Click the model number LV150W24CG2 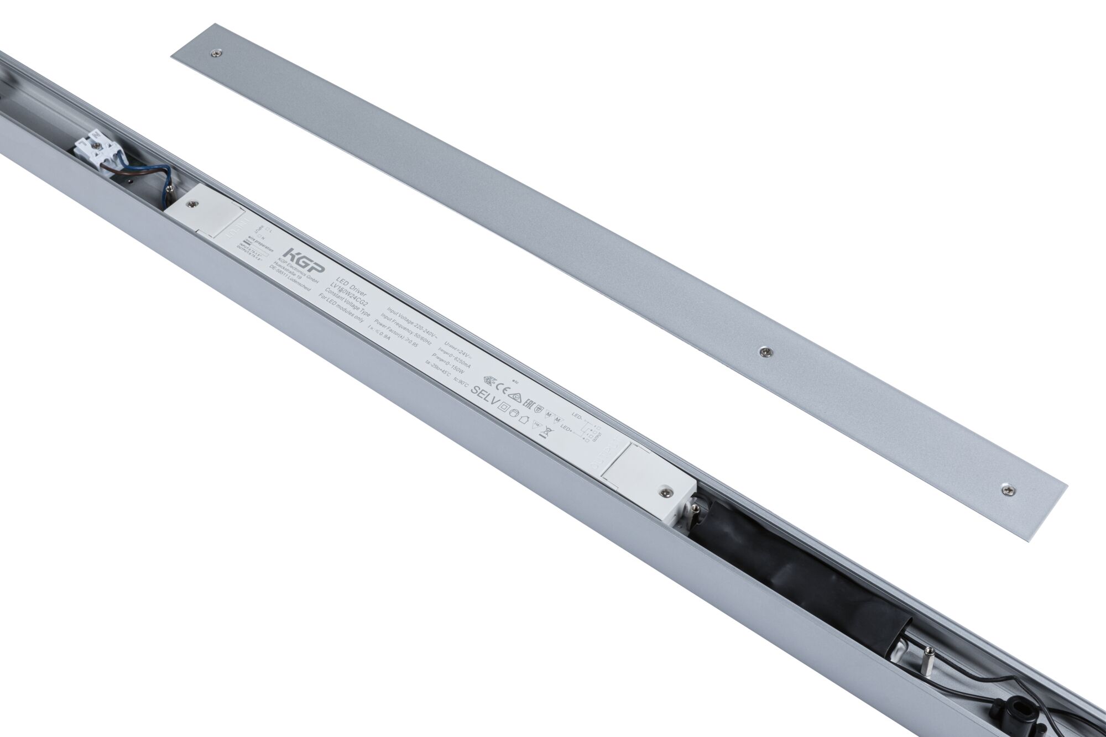[x=352, y=290]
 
